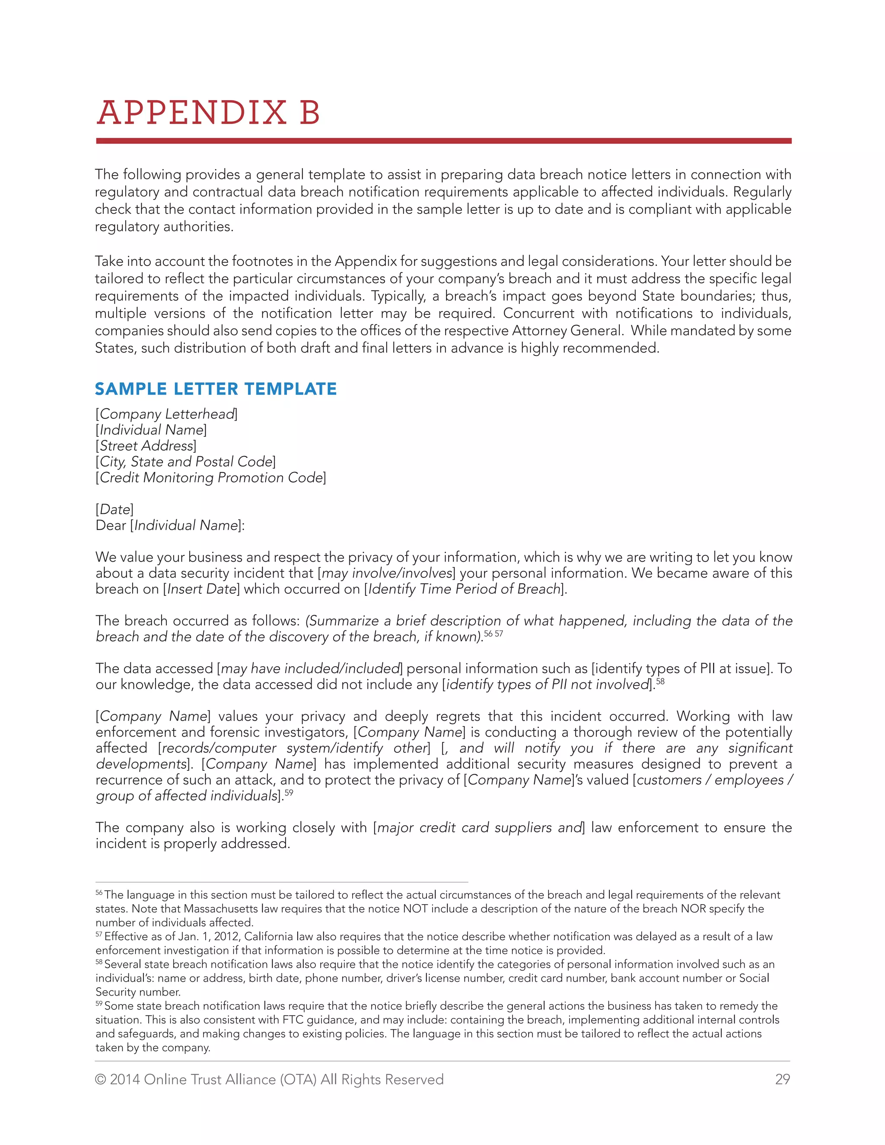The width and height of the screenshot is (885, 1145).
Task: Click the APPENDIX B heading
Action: [x=208, y=113]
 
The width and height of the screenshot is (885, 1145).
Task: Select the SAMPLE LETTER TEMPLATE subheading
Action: [x=216, y=388]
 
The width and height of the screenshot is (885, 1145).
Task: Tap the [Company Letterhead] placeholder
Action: [x=166, y=414]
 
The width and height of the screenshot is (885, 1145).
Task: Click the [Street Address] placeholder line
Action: [x=146, y=445]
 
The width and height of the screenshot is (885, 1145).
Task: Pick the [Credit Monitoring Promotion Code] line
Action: [x=211, y=477]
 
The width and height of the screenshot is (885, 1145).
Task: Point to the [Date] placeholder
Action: [x=114, y=509]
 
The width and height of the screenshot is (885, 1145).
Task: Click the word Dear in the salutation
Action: [x=111, y=525]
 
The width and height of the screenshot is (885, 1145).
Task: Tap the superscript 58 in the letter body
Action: [x=660, y=681]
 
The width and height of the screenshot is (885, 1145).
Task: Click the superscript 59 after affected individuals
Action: [x=289, y=793]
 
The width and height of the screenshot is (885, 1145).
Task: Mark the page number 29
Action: [x=782, y=1079]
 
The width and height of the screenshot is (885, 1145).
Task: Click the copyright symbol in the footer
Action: [x=101, y=1079]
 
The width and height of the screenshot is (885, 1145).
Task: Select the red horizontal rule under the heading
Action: [x=443, y=141]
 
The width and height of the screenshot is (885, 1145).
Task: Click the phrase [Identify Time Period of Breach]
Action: [x=465, y=589]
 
